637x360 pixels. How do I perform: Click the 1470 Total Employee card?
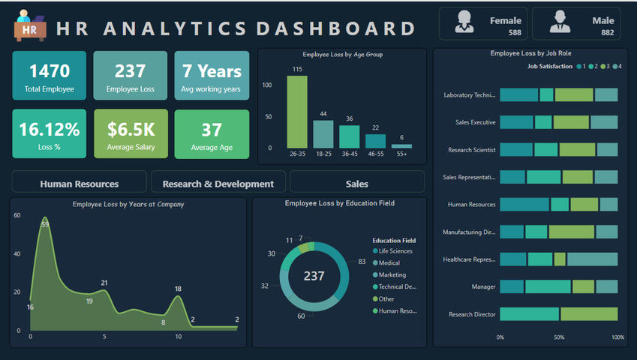tap(50, 76)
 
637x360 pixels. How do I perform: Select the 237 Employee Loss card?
tap(131, 76)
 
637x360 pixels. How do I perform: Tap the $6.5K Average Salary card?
tap(131, 134)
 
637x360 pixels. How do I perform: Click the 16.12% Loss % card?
tap(50, 134)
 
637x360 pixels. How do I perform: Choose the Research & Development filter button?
tap(218, 184)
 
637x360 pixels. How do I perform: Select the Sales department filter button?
tap(357, 184)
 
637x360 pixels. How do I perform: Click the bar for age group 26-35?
tap(297, 112)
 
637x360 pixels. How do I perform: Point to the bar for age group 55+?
tap(401, 145)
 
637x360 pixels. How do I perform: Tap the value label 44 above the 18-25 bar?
tap(323, 114)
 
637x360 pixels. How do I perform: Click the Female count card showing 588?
tap(483, 24)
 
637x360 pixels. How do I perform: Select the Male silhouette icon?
tap(559, 22)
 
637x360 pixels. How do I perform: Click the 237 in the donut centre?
tap(314, 276)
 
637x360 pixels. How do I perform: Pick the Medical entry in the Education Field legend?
tap(389, 263)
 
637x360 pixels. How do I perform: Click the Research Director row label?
tap(472, 314)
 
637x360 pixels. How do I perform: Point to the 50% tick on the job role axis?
tap(559, 337)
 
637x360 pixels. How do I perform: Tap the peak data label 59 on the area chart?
tap(45, 224)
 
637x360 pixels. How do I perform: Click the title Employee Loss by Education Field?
tap(340, 203)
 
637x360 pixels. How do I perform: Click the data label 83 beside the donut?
tap(362, 262)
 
